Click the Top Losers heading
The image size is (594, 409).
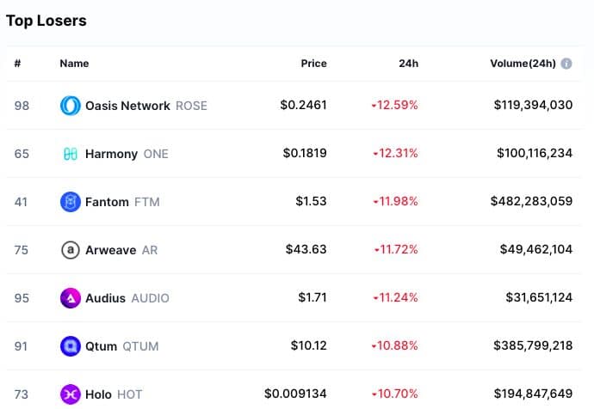point(46,20)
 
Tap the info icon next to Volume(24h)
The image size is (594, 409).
point(566,64)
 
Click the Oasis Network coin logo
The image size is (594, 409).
point(70,106)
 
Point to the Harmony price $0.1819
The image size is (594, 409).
point(305,154)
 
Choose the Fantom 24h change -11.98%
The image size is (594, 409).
point(395,202)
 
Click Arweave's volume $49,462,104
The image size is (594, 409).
point(536,250)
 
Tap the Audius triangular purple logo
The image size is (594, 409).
point(70,298)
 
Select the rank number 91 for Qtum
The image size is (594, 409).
point(22,346)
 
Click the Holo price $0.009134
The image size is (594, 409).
point(296,394)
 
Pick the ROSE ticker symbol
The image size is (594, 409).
point(191,106)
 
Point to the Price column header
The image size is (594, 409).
point(313,64)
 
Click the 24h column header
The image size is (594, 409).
point(410,64)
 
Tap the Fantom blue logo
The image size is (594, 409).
point(70,202)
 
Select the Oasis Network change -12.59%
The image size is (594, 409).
point(395,106)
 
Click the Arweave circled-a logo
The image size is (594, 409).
point(70,250)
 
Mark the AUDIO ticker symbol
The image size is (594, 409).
point(150,298)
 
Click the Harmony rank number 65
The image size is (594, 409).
point(22,154)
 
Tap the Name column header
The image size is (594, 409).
point(74,64)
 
